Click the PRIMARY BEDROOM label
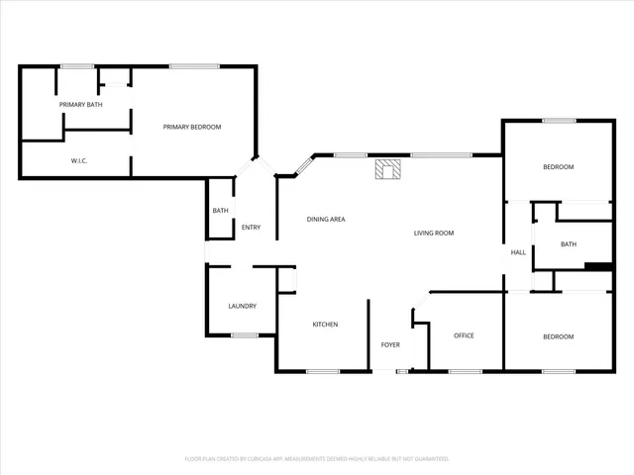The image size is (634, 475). (192, 127)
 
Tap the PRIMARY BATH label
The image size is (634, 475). (80, 104)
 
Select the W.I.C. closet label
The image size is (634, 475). (80, 160)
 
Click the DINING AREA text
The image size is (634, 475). (325, 219)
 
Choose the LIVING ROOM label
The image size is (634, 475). (433, 233)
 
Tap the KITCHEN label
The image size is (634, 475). (326, 325)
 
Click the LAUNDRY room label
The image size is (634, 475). (243, 306)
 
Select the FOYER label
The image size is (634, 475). (390, 344)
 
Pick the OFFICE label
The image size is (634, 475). (464, 335)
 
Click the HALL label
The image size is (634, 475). (518, 252)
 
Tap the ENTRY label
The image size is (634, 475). (251, 228)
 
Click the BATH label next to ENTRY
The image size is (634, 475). (220, 210)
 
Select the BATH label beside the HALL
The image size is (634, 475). (569, 243)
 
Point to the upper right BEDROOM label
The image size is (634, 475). (558, 166)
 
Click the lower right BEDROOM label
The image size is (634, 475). (558, 336)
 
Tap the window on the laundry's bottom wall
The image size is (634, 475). (245, 335)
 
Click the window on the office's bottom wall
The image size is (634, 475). (465, 372)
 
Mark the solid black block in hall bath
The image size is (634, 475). (598, 265)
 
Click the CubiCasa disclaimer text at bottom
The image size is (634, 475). (317, 459)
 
